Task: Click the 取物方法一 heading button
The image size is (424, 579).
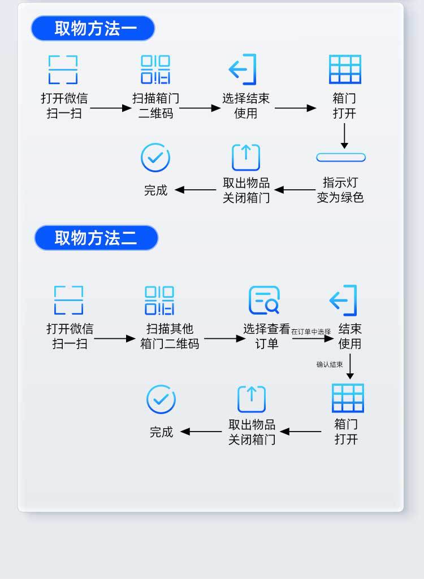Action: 93,28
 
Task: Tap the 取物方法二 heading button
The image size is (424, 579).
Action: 96,238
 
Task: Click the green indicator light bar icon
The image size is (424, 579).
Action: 341,157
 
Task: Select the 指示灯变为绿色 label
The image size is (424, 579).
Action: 340,190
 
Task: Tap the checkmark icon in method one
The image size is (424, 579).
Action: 155,158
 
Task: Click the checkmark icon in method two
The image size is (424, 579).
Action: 161,399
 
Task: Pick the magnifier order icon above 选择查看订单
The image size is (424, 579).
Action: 264,301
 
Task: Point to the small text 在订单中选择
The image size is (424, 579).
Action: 311,332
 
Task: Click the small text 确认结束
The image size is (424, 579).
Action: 330,364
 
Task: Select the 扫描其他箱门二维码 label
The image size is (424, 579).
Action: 170,336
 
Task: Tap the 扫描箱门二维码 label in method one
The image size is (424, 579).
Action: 155,106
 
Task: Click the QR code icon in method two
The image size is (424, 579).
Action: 159,301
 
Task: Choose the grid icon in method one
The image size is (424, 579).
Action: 345,69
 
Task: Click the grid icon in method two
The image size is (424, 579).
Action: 348,398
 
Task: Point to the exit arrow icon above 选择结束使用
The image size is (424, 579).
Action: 243,69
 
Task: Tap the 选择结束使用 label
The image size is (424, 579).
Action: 246,106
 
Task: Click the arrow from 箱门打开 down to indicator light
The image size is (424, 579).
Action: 344,136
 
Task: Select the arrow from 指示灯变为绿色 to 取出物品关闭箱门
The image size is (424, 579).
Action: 295,190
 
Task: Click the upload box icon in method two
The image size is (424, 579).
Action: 252,399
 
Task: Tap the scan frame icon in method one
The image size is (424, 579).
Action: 63,69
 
